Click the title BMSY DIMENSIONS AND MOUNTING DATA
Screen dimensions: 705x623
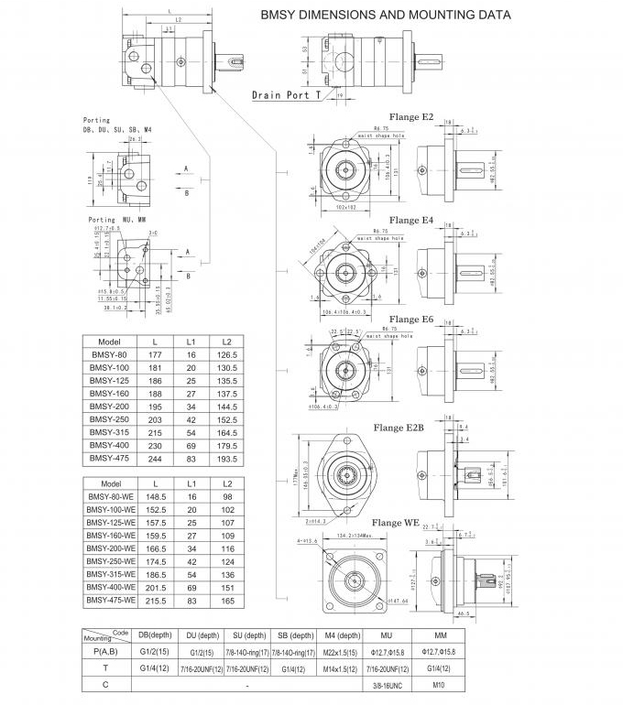[386, 16]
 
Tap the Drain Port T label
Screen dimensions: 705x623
[286, 94]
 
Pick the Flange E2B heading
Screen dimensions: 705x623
[399, 428]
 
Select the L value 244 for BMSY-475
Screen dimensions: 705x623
[155, 459]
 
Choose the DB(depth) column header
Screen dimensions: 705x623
[156, 634]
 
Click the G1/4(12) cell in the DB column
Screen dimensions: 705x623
[156, 667]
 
